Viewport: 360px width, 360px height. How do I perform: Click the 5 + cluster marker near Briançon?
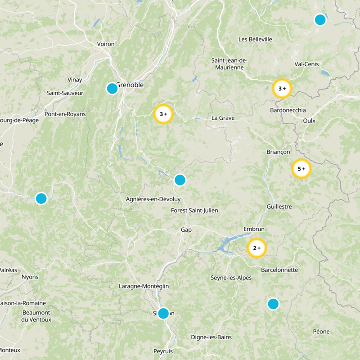pos(301,169)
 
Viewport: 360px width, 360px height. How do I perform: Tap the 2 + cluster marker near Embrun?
pos(257,248)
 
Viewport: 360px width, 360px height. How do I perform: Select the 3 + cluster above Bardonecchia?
pos(282,89)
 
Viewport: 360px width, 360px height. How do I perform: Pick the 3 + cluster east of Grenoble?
pos(163,114)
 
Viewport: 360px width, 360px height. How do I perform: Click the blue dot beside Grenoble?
pos(112,88)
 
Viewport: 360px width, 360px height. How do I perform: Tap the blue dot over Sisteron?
pos(163,313)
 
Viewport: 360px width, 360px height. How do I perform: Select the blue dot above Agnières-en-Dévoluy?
pos(180,180)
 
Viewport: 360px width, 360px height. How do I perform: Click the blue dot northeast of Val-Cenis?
pos(320,19)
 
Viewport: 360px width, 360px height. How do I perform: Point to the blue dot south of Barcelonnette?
pos(273,304)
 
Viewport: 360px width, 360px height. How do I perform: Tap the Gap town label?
pos(186,229)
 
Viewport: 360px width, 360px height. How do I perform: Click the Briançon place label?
pos(279,152)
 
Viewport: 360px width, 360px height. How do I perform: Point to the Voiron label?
pos(106,44)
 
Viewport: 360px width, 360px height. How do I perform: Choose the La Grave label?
pos(223,118)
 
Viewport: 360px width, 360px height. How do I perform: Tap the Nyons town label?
pos(30,277)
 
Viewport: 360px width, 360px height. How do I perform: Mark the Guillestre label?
pos(279,207)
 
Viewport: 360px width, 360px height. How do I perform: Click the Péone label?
pos(321,332)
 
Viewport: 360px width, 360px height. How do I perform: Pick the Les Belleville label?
pos(255,40)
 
